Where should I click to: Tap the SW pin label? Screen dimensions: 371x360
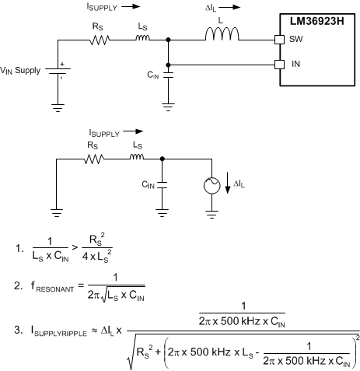tap(297, 38)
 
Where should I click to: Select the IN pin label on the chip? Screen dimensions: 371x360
tap(295, 64)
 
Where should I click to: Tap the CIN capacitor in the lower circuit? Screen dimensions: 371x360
tap(163, 187)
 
